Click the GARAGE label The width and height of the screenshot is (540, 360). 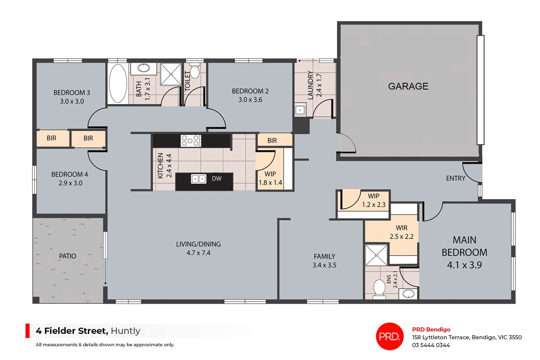point(408,86)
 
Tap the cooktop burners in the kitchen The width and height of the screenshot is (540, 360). point(191,141)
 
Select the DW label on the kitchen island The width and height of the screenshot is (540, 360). point(217,179)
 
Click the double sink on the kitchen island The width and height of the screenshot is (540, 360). point(199,179)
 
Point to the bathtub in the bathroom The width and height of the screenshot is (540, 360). point(118,83)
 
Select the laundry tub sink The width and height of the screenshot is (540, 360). point(300,110)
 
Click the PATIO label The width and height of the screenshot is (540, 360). point(67,256)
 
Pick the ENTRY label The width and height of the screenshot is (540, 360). point(456,178)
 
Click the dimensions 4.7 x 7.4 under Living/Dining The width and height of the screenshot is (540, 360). point(198,253)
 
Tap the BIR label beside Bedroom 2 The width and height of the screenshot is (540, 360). point(272,141)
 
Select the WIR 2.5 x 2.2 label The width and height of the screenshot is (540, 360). point(401,232)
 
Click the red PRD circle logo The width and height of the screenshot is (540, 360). point(390,336)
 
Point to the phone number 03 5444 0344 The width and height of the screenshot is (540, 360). point(431,345)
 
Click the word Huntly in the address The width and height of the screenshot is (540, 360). point(125,331)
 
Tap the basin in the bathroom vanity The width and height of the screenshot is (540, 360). point(144,68)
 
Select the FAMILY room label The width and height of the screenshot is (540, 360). point(324,256)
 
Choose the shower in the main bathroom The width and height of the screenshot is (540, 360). point(171,74)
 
